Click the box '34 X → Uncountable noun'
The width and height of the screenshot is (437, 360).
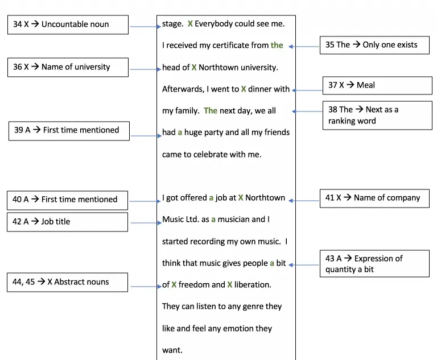[68, 25]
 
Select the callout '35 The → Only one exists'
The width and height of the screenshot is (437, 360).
[374, 45]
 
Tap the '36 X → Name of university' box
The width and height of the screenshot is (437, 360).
[68, 68]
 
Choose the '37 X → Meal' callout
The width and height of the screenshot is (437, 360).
[377, 85]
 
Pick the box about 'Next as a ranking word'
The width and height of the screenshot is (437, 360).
[377, 115]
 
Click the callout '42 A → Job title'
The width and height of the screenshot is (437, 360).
[68, 222]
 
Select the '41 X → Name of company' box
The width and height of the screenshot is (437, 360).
[374, 198]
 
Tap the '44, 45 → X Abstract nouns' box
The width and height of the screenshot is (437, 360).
[68, 282]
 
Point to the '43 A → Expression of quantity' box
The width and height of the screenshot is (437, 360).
[374, 263]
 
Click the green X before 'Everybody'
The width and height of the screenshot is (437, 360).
[190, 24]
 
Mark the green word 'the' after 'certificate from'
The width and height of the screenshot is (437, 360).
[277, 45]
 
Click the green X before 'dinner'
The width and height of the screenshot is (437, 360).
[244, 89]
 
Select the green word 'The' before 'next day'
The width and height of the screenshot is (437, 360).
[211, 111]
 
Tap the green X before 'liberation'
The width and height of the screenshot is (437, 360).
[230, 284]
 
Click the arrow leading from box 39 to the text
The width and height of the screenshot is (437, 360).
[146, 136]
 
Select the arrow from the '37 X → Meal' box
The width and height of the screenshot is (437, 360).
[307, 90]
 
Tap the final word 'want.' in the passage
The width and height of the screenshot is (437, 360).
[172, 350]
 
